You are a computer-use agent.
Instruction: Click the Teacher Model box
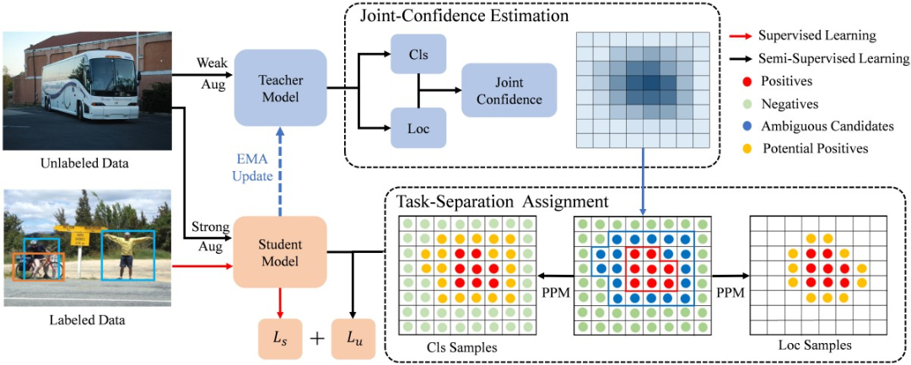click(279, 87)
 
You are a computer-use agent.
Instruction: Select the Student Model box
click(279, 252)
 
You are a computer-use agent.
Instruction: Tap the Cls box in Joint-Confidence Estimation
click(418, 53)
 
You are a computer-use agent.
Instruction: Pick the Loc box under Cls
click(418, 128)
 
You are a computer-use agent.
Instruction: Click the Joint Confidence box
click(509, 91)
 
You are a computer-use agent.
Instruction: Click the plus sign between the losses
click(316, 339)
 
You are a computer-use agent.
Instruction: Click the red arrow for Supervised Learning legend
click(741, 36)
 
